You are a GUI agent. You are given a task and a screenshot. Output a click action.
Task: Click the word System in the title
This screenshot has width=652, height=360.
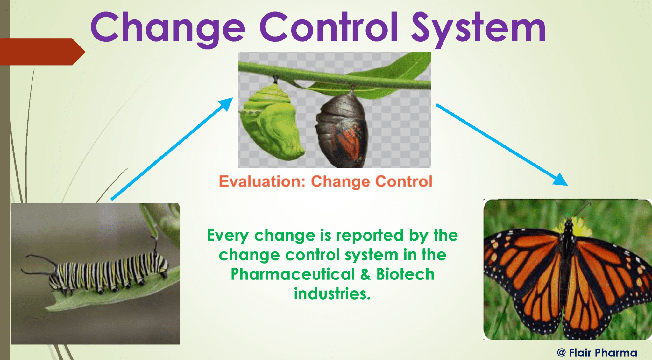click(478, 28)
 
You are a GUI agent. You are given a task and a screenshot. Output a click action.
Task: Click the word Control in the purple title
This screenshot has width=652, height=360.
click(329, 28)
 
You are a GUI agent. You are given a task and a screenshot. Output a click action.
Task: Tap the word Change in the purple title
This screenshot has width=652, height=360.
click(168, 28)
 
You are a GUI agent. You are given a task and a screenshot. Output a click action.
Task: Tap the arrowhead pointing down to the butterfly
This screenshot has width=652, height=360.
click(561, 180)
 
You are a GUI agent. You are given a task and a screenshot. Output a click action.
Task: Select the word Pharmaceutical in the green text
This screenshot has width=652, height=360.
click(293, 274)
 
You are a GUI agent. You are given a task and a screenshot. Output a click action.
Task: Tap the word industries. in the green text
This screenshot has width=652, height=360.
click(332, 294)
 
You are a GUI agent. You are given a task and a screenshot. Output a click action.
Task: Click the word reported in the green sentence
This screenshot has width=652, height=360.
click(370, 236)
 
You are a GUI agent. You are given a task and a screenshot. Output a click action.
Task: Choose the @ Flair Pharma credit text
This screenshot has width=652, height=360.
click(597, 353)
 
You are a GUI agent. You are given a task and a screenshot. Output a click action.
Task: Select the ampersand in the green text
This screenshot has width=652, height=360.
click(365, 274)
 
